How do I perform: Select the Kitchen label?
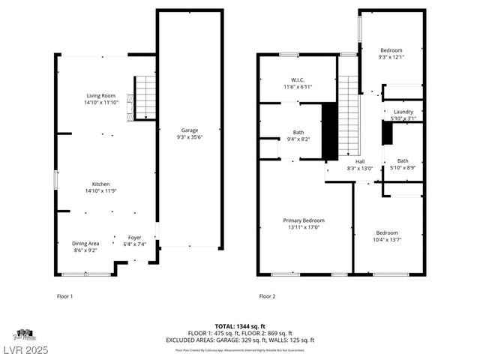point(100,184)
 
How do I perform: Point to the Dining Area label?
point(86,243)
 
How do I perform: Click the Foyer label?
point(133,237)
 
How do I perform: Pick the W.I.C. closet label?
point(297,79)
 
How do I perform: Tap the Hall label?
point(359,161)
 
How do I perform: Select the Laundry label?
point(403,112)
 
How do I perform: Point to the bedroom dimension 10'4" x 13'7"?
point(387,240)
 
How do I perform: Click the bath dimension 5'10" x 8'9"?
point(403,168)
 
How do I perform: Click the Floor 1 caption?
point(65,296)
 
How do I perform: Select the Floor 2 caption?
point(267,296)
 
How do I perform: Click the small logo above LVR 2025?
point(23,334)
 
